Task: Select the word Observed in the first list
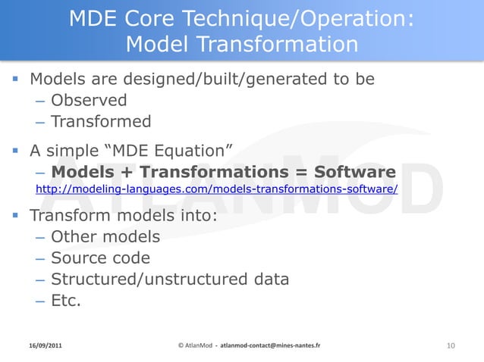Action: (89, 100)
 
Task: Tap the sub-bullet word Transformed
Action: (101, 121)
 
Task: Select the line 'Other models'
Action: (105, 237)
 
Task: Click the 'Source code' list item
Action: (100, 258)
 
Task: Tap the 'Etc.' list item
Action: (66, 301)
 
